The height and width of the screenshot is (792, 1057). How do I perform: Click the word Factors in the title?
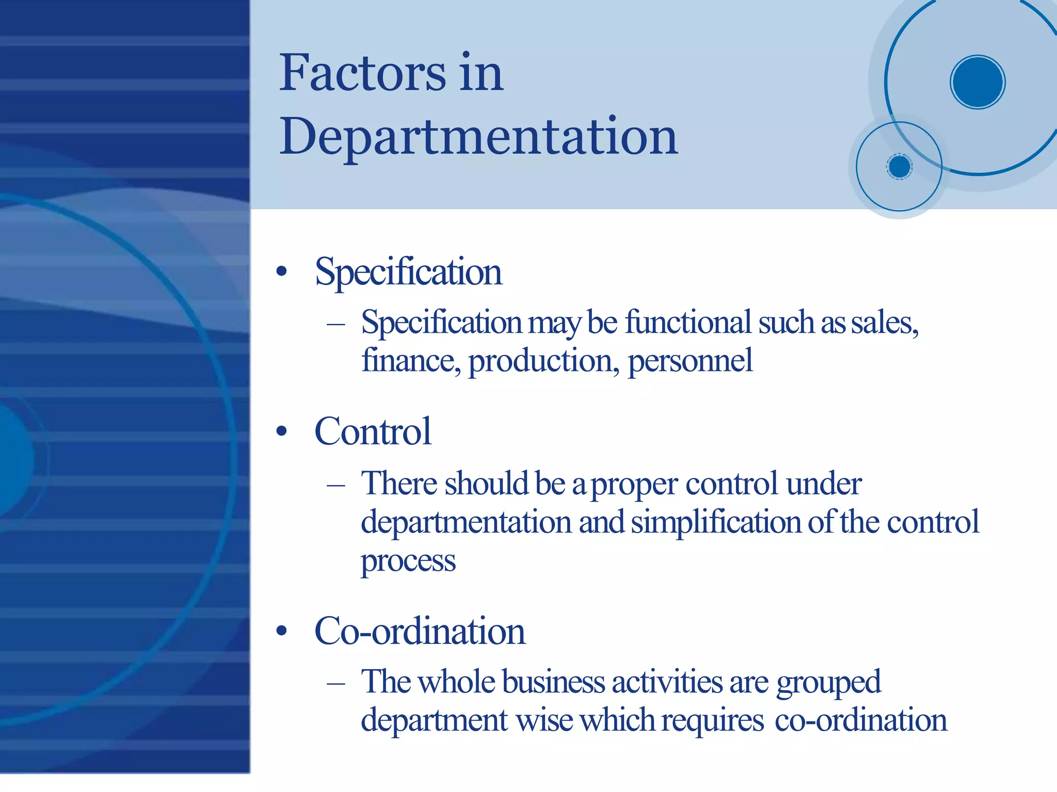(362, 73)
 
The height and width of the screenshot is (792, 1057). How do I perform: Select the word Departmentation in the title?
(478, 137)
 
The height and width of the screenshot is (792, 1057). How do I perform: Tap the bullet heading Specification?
(408, 272)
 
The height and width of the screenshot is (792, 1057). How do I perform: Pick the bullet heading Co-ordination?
(420, 631)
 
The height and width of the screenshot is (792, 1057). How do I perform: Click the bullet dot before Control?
(281, 431)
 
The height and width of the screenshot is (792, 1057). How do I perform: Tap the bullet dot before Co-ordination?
(281, 631)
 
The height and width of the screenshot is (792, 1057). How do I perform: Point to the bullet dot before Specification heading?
(281, 271)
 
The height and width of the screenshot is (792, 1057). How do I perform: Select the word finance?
(411, 360)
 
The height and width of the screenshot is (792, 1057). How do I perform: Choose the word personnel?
(690, 361)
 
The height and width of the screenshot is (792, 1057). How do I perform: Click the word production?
(543, 361)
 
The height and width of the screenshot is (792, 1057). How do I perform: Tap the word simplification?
(716, 522)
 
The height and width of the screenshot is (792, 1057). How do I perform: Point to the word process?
(408, 561)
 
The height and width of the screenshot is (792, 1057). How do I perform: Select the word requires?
(712, 720)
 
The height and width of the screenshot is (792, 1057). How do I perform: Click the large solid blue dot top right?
(978, 82)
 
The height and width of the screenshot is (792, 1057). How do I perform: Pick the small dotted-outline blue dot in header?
(900, 167)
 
